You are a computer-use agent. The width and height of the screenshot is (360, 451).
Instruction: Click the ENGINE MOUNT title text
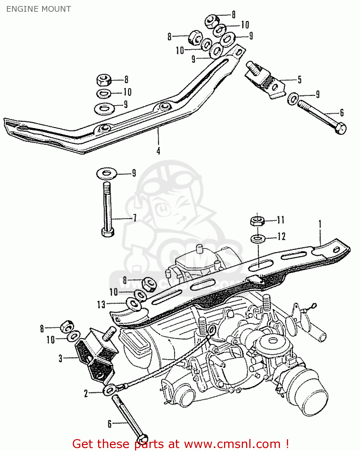pos(38,9)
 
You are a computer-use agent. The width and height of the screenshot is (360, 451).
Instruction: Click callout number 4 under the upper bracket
pos(158,151)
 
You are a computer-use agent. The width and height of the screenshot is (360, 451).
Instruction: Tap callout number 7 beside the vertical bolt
pos(135,218)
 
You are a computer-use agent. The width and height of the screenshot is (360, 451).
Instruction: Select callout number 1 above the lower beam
pos(320,224)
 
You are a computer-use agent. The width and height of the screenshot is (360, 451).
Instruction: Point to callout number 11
pos(280,220)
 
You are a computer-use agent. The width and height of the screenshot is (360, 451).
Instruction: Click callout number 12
pos(281,237)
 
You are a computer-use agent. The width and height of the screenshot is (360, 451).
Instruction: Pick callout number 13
pos(101,304)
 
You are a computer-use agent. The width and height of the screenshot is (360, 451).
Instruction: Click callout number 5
pos(299,80)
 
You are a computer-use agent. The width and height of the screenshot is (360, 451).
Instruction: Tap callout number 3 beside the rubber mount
pos(60,358)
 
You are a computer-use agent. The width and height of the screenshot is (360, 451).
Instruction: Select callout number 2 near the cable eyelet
pos(86,393)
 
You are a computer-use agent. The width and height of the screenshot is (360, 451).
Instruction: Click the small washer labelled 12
pos(257,239)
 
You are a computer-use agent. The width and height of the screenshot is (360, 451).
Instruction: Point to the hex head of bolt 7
pos(108,232)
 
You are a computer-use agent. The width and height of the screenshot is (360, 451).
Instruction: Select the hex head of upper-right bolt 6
pos(341,129)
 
